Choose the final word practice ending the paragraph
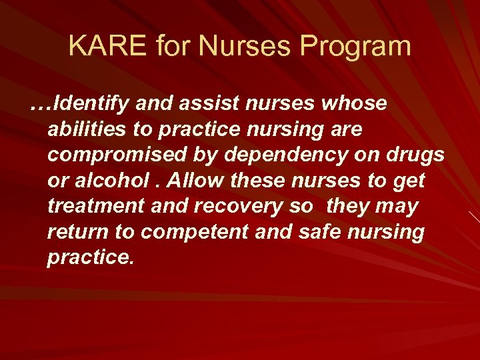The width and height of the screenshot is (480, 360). point(90,257)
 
